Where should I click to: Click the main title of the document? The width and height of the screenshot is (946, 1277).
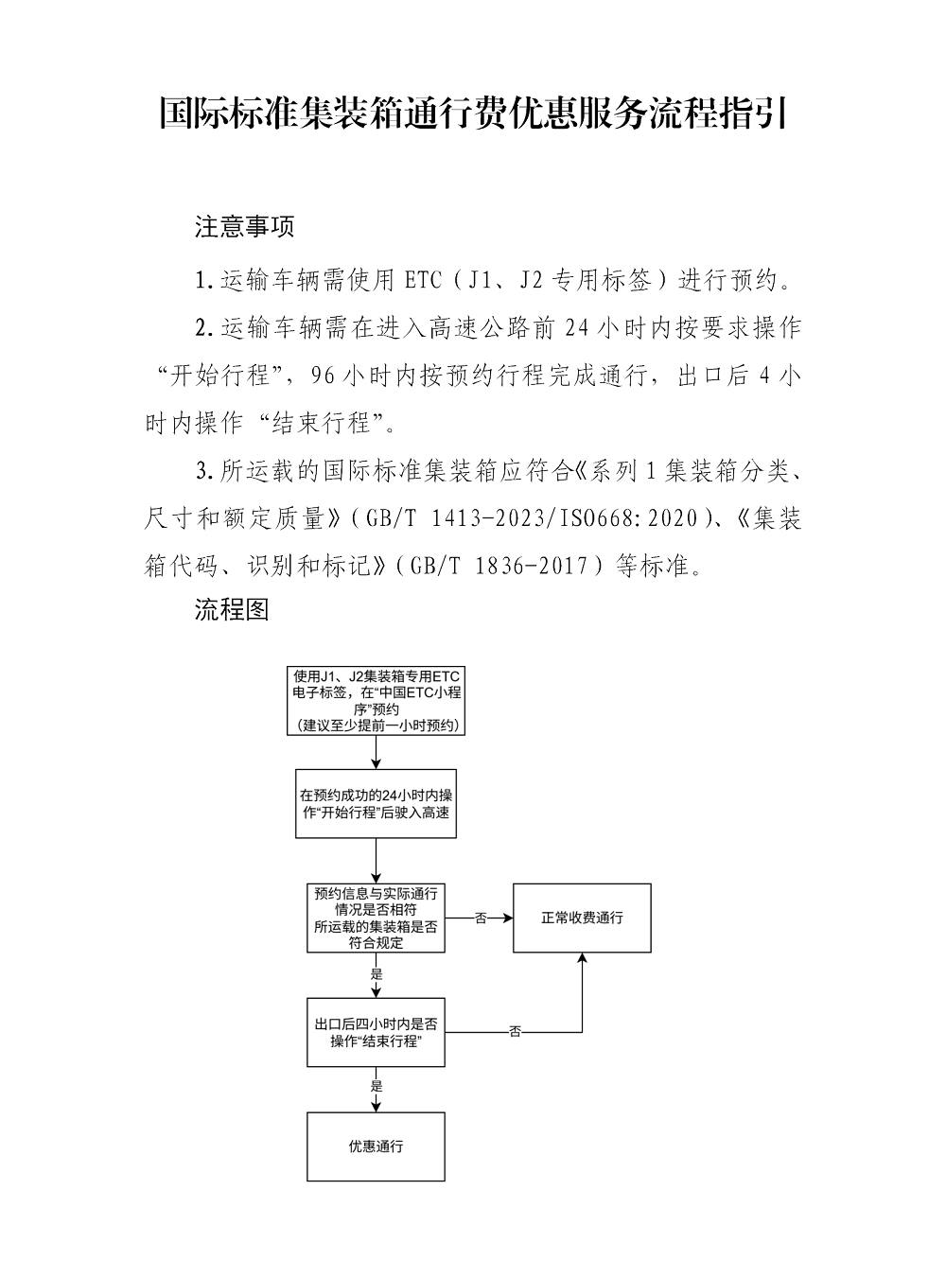point(473,114)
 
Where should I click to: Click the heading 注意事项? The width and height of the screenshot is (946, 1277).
point(245,227)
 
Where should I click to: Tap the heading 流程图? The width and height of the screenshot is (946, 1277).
point(232,609)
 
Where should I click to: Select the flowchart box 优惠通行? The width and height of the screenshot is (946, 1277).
point(377,1146)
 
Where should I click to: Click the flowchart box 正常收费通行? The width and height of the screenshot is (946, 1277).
point(582,918)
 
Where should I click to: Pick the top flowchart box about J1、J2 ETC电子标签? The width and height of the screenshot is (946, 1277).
point(377,701)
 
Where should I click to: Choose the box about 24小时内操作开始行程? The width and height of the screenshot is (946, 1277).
point(377,803)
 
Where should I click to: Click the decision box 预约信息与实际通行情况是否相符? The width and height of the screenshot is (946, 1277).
point(377,918)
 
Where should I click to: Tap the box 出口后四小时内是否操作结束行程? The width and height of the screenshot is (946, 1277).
point(377,1032)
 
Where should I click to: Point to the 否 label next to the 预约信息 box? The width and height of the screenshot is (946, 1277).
point(480,918)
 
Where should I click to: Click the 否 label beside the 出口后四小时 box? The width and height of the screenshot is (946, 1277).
point(515,1032)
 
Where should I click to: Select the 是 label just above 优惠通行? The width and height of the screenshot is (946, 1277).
point(377,1086)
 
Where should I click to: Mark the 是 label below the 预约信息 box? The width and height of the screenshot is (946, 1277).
point(377,973)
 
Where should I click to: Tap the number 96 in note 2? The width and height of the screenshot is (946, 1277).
point(323,376)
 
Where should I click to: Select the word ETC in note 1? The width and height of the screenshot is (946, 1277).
point(422,280)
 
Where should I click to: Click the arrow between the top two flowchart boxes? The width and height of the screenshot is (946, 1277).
point(377,752)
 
